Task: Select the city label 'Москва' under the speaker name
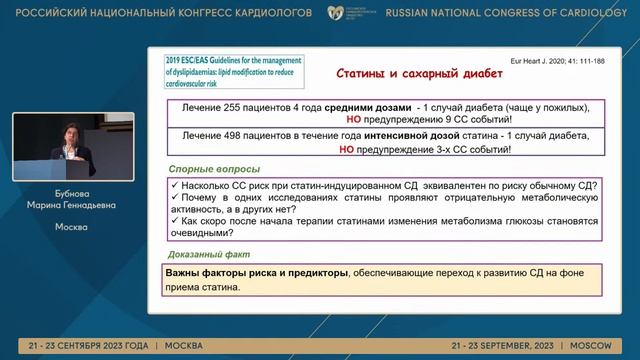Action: (71, 227)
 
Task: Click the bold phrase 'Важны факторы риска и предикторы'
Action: (257, 272)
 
